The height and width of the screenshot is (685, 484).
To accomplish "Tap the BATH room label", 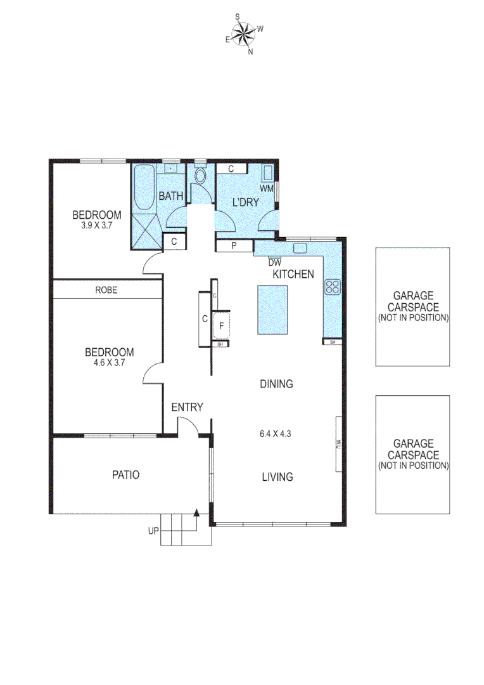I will point(170,197).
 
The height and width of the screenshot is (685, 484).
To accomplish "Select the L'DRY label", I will point(246,203).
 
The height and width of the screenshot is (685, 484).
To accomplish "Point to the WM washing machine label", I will point(267,188).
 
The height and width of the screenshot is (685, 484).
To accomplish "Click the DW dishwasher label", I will point(274,262).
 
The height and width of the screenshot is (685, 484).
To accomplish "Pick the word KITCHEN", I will point(293,275).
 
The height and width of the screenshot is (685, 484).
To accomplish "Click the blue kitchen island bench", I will point(272,310).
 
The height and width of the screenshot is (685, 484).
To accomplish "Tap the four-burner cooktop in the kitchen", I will point(333,287).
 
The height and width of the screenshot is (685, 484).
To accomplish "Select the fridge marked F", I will point(221,327).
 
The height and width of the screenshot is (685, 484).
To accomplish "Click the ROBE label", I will point(106,290).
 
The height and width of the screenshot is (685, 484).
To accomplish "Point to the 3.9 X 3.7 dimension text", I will point(96,225).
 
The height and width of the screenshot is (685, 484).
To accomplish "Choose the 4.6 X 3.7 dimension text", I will point(110,363).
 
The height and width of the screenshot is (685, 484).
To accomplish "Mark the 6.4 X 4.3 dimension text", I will point(276,434).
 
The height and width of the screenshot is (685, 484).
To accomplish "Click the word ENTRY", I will point(187,407).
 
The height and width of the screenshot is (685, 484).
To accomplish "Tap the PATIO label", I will point(125,474).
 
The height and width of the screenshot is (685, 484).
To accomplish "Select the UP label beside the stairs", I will point(153,532).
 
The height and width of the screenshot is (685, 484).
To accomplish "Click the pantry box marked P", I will point(233,246).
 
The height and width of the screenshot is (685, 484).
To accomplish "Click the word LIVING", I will point(277,477).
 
